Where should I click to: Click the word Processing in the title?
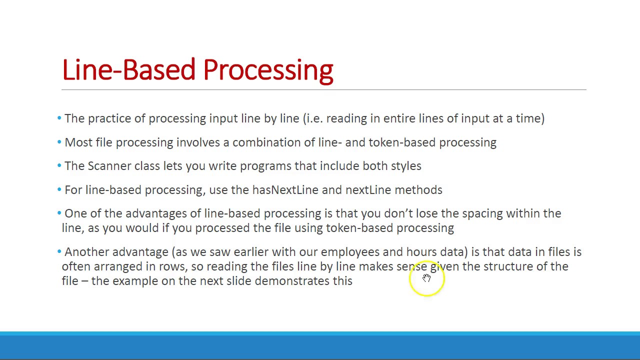pyautogui.click(x=268, y=70)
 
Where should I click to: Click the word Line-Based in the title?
pyautogui.click(x=128, y=70)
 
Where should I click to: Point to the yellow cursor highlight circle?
pyautogui.click(x=426, y=278)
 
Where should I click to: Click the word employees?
pyautogui.click(x=350, y=252)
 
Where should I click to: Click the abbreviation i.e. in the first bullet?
pyautogui.click(x=314, y=118)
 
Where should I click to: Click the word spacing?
pyautogui.click(x=482, y=213)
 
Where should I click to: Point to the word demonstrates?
pyautogui.click(x=292, y=281)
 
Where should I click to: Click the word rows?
pyautogui.click(x=171, y=266)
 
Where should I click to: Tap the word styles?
pyautogui.click(x=405, y=166)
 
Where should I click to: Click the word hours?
pyautogui.click(x=421, y=252)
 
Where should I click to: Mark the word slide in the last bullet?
pyautogui.click(x=238, y=281)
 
